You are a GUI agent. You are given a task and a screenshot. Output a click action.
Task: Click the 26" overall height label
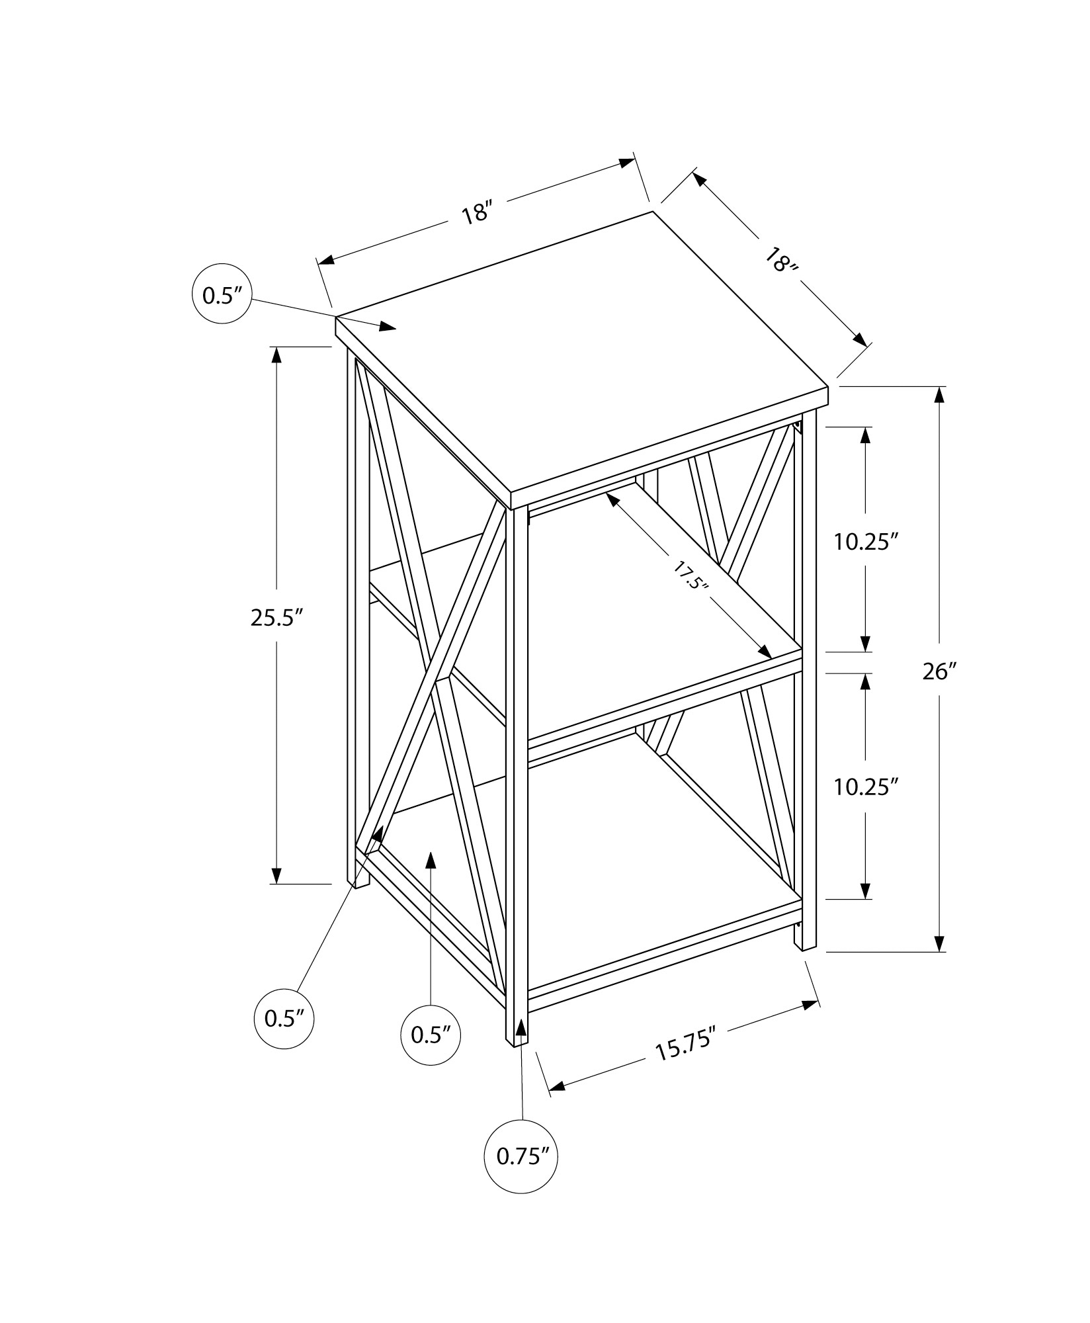coord(940,672)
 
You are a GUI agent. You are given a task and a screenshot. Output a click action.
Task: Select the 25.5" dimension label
coord(276,618)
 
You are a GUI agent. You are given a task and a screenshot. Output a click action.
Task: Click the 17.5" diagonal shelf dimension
coord(692,575)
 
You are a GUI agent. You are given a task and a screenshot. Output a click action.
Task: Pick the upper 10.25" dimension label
coord(866,542)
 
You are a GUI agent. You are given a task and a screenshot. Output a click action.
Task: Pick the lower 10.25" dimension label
coord(866,787)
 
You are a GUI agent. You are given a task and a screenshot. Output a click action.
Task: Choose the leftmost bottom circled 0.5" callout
coord(284,1037)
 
